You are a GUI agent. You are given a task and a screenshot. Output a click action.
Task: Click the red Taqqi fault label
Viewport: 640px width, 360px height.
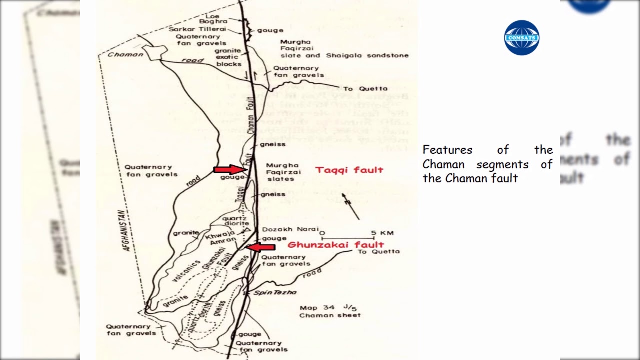[349, 170]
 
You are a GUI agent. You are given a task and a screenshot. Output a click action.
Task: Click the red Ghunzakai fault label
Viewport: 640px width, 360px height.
[335, 245]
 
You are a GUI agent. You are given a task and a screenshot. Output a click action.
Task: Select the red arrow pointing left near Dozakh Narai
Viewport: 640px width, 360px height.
[260, 247]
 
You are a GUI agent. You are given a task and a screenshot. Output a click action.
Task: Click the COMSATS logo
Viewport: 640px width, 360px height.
[522, 37]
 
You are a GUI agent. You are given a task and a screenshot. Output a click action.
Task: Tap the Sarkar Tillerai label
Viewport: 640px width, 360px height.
[197, 29]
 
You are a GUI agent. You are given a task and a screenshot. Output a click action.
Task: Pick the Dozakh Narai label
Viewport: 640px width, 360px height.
[290, 229]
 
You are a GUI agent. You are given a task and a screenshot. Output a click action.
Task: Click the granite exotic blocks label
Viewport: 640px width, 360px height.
[228, 57]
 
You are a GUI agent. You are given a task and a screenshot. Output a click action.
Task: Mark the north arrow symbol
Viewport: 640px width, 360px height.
[351, 205]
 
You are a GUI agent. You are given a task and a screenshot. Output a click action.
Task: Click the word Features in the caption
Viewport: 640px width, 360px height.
[440, 150]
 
